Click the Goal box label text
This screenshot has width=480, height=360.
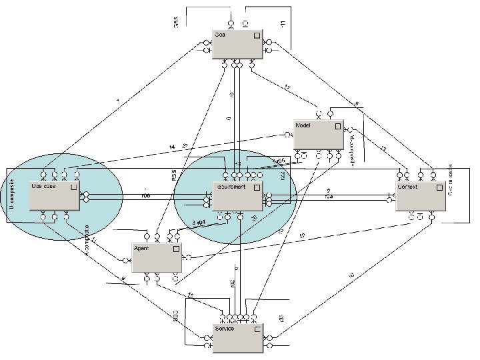221,35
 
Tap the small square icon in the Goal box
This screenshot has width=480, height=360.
257,35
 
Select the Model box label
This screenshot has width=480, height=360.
303,125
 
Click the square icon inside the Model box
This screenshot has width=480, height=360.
338,125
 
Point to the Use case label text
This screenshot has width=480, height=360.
44,186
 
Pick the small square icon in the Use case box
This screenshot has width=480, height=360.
73,187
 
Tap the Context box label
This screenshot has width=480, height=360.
407,187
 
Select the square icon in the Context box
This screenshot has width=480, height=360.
439,187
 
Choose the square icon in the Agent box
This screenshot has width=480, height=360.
176,248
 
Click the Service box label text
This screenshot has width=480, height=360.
225,329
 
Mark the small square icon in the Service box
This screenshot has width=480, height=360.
257,329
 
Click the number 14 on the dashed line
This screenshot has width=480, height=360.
172,147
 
